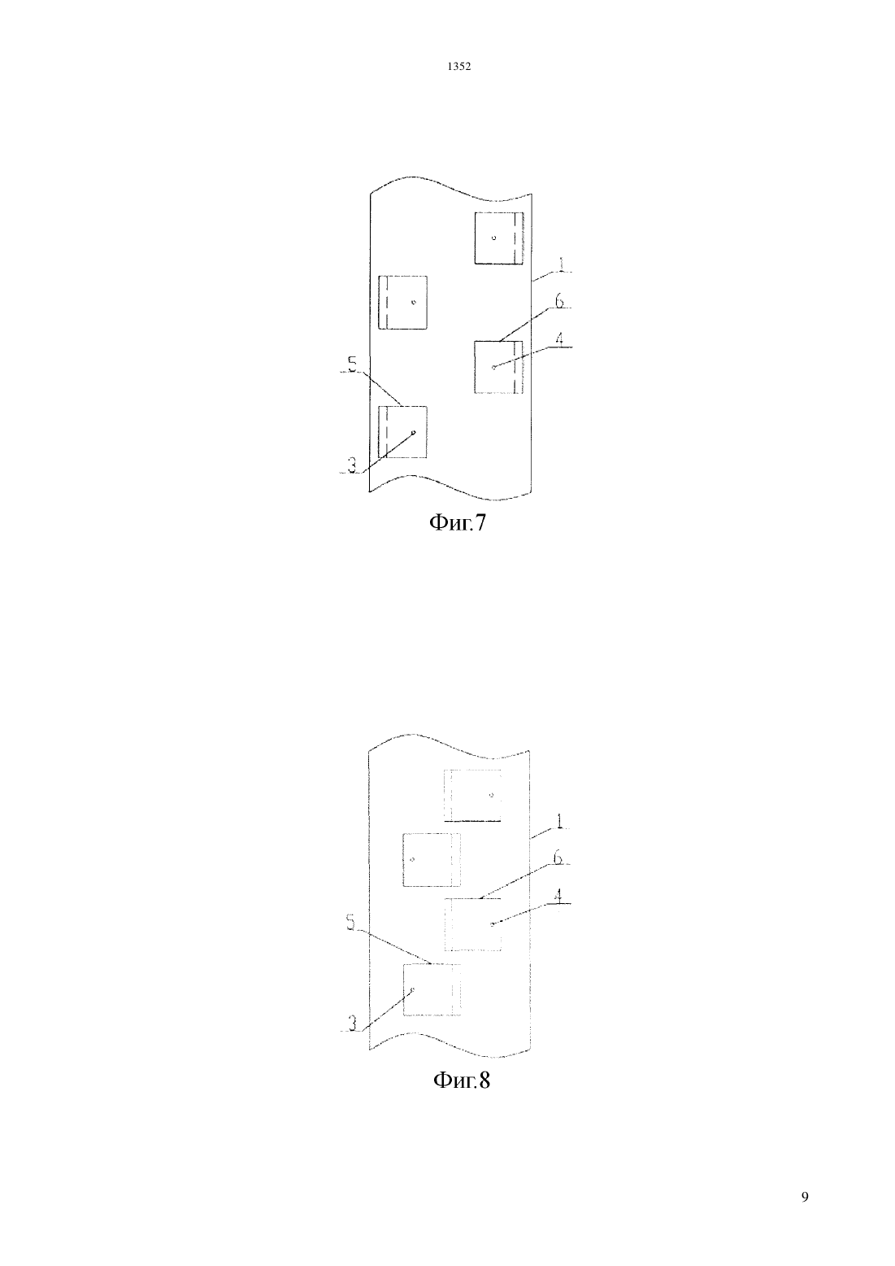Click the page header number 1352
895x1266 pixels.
[458, 67]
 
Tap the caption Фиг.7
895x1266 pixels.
[458, 523]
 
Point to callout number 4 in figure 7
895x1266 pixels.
[559, 338]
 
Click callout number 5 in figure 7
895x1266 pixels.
[353, 364]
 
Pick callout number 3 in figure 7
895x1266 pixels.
[351, 465]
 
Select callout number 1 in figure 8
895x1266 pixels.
[558, 821]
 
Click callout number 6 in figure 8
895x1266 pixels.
[558, 858]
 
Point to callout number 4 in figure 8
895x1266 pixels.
[558, 896]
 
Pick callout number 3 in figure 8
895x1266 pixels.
[352, 1024]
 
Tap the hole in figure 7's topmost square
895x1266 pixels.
[493, 238]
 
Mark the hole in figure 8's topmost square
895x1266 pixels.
[491, 795]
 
